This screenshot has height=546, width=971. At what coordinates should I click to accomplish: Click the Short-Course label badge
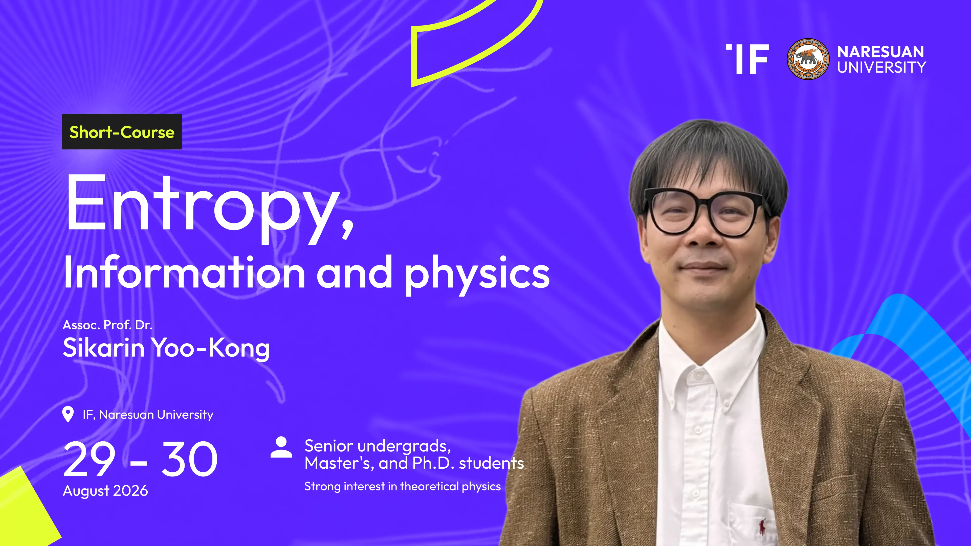(122, 131)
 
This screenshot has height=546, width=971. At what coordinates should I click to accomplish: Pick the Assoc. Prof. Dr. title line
(108, 325)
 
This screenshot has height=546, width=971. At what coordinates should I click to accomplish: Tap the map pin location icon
(68, 414)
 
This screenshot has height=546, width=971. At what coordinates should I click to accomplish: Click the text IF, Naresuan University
(148, 415)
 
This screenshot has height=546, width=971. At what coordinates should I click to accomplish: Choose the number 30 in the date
(190, 459)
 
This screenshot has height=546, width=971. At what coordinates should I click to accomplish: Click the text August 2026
(105, 491)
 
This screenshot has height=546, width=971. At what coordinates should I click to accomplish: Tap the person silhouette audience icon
(281, 447)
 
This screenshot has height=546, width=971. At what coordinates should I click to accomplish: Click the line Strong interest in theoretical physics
(403, 486)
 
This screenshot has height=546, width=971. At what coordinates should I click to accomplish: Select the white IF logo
(747, 59)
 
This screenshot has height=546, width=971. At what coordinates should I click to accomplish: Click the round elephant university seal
(808, 59)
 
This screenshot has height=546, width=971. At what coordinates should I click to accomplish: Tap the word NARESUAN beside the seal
(880, 52)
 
